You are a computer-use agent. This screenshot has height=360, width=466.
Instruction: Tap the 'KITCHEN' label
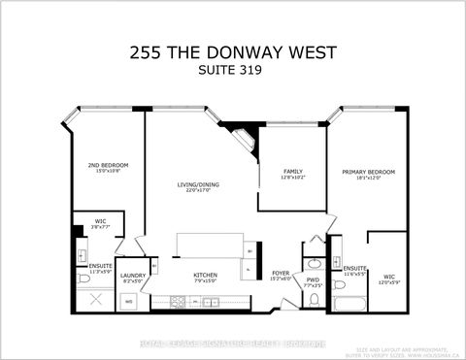205,276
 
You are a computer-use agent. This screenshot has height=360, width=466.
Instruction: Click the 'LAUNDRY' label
133,276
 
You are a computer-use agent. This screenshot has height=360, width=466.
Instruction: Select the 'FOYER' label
281,273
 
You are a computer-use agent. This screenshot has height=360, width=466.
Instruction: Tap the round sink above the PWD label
313,263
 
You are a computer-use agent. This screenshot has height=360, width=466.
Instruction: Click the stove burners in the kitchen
179,302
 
